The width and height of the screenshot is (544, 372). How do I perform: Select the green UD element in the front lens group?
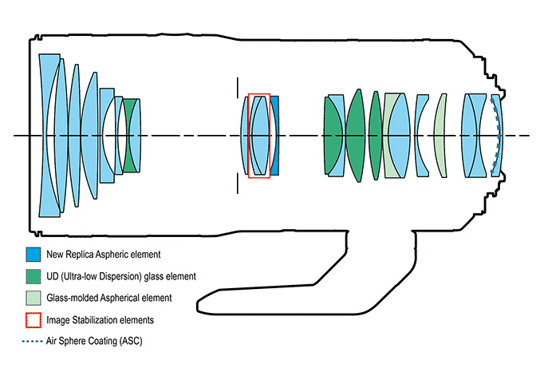[x=129, y=136]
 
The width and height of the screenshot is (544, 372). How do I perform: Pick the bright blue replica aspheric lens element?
[x=275, y=136]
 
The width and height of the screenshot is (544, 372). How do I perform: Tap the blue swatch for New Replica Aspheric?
[x=33, y=255]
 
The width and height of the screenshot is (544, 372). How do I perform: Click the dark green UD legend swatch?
[x=33, y=276]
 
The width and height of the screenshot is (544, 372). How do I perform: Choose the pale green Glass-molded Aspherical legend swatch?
[x=33, y=298]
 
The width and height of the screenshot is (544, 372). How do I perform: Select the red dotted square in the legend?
[x=33, y=319]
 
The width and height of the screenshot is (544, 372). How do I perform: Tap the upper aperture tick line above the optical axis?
[x=237, y=89]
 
